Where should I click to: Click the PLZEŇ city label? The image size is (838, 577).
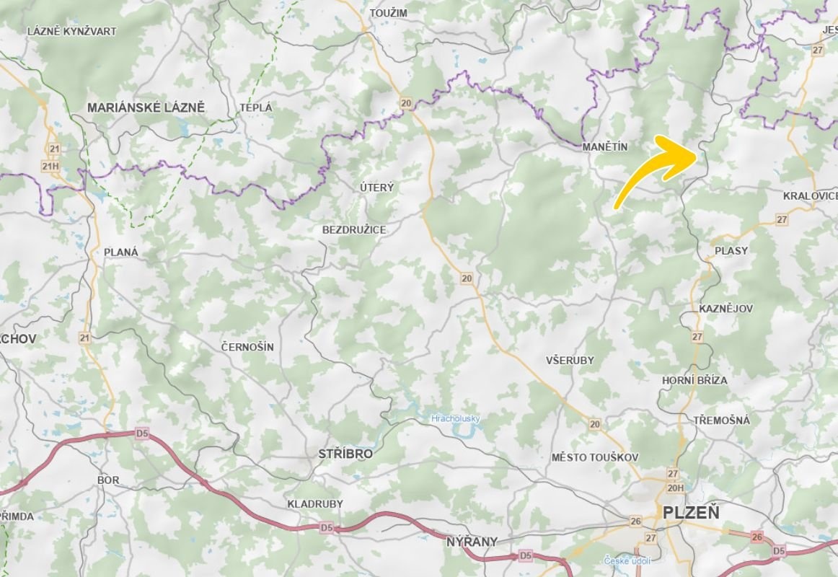691,514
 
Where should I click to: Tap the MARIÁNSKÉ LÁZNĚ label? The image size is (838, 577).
146,107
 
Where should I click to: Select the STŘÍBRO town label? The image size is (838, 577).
345,454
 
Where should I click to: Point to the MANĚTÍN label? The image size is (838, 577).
604,146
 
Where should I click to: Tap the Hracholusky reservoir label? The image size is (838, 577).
455,418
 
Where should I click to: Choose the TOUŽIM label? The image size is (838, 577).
388,13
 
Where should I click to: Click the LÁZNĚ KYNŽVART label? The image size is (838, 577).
71,32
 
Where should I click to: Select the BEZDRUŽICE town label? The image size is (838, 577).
354,229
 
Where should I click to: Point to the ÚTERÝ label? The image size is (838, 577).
377,188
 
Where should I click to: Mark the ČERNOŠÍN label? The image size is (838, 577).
247,347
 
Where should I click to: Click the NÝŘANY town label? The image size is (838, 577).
472,541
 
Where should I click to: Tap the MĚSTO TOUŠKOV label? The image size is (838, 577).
595,457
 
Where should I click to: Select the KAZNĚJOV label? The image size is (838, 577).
725,309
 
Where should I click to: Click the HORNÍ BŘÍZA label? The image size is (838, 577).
694,380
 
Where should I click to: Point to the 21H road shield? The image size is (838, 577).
50,167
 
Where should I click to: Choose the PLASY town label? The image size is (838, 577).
731,250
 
